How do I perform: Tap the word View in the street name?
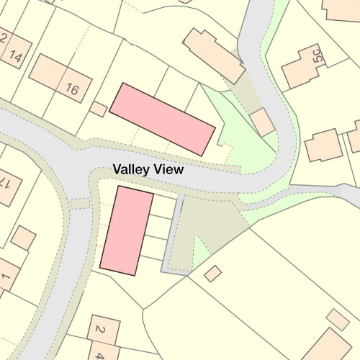pos(168,170)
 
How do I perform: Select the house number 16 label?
pos(72,90)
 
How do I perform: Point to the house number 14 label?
pos(17,56)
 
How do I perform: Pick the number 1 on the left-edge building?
pos(6,276)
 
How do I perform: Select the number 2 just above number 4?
pos(100,330)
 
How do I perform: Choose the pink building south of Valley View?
pos(127,230)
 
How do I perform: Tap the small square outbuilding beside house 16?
pos(99,109)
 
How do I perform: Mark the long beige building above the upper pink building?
pos(214,55)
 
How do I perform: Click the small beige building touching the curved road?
pos(262,122)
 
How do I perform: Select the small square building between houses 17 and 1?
pos(24,238)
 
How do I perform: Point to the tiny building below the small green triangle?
pos(212,273)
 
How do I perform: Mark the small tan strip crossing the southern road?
pos(81,204)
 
